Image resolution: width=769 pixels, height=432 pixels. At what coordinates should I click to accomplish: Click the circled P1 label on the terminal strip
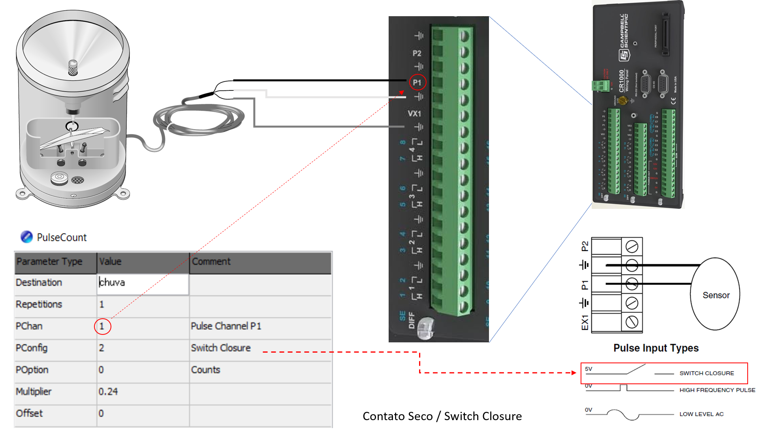[417, 83]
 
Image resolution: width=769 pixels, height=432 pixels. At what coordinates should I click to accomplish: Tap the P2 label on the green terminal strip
[417, 53]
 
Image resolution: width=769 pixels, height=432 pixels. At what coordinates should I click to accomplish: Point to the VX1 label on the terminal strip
[414, 114]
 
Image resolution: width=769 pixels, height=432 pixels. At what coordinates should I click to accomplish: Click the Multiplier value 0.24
[108, 392]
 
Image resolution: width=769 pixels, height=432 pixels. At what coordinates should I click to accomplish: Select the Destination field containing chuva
[142, 283]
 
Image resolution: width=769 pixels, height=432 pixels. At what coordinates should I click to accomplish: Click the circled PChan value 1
[102, 326]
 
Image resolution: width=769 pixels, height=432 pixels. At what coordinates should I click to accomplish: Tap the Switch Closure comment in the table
[221, 348]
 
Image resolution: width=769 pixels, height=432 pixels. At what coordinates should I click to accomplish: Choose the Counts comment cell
[205, 370]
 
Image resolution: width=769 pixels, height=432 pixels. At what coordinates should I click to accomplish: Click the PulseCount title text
[62, 237]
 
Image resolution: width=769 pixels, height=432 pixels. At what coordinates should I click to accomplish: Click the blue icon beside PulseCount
[26, 237]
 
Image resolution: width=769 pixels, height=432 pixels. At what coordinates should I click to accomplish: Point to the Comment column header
[211, 261]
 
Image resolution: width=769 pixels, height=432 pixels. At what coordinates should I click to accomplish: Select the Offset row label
[29, 413]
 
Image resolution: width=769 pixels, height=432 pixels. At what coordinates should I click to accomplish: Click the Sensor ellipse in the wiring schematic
[715, 295]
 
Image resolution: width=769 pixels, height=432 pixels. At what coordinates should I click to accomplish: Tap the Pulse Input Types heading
[656, 348]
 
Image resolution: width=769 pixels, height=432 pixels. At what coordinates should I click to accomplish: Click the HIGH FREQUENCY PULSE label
[717, 390]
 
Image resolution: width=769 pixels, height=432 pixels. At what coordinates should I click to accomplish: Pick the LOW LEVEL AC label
[701, 414]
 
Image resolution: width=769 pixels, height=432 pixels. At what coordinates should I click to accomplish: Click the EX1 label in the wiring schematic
[585, 322]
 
